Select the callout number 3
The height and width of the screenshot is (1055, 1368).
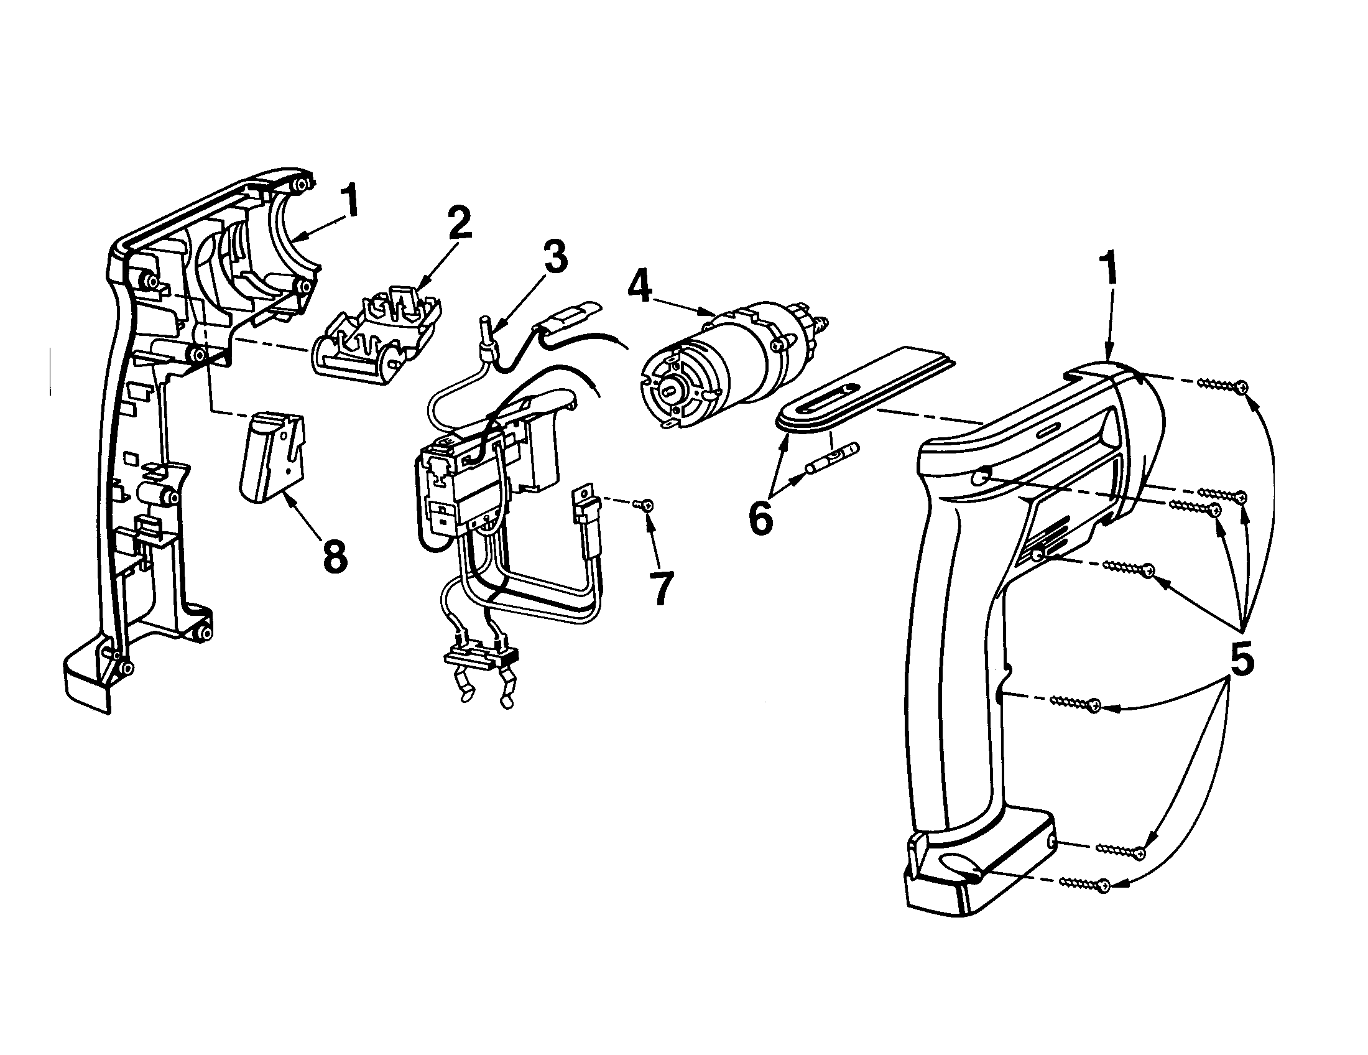554,255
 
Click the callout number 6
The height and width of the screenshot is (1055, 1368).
760,519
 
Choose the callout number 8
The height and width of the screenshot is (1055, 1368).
335,555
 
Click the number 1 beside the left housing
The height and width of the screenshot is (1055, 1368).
350,202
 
